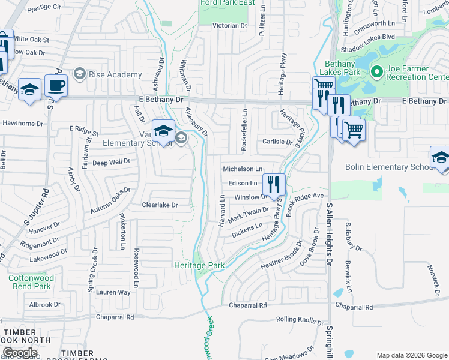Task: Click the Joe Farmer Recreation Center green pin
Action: pos(377,73)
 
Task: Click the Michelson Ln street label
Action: pos(243,170)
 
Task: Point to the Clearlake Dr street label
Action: pos(160,205)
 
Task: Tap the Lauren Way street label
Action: pos(116,292)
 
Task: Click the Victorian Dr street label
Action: pos(231,26)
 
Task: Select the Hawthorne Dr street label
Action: pos(23,124)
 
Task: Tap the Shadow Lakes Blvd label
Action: pos(367,36)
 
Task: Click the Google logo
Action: pos(19,353)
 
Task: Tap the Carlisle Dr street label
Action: pos(276,143)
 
